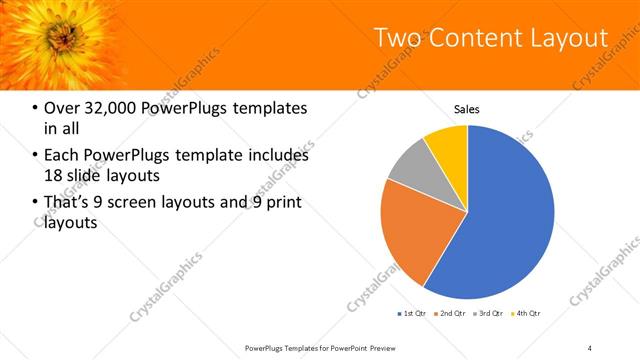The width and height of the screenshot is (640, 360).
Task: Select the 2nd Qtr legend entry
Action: coord(451,314)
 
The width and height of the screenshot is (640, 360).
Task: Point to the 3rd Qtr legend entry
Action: coord(489,314)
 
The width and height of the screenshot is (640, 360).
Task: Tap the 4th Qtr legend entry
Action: coord(527,314)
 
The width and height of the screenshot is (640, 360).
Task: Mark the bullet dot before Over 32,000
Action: coord(36,108)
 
